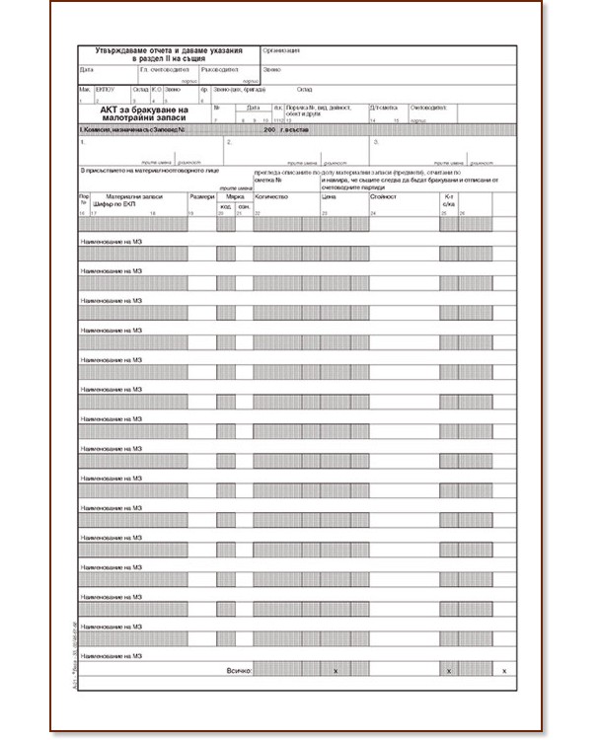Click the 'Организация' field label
coord(282,49)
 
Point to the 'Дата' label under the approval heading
coord(87,70)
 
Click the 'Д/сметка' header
coord(383,108)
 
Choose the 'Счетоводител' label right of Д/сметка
coord(428,108)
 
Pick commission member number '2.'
coord(229,143)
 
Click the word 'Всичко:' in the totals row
coord(238,671)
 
